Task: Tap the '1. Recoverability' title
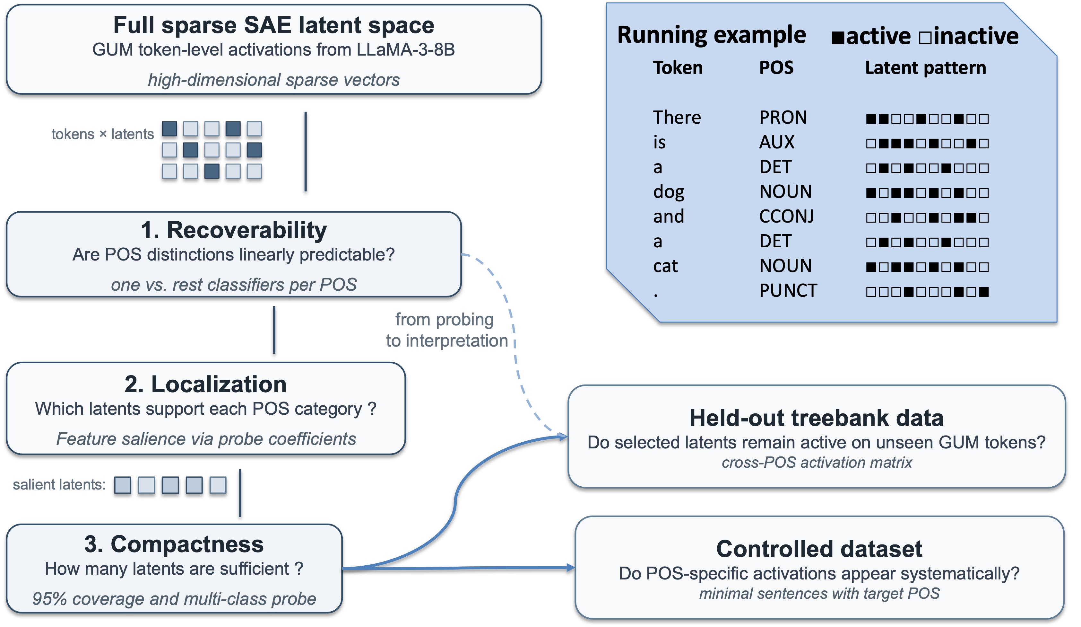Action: pyautogui.click(x=234, y=230)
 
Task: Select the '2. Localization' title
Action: pyautogui.click(x=205, y=384)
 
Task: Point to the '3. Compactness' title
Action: pyautogui.click(x=174, y=544)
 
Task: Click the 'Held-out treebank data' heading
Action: pyautogui.click(x=816, y=418)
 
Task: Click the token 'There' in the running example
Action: pyautogui.click(x=677, y=117)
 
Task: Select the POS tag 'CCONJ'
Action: pyautogui.click(x=786, y=216)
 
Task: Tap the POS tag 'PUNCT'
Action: pyautogui.click(x=788, y=291)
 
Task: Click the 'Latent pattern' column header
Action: pyautogui.click(x=925, y=68)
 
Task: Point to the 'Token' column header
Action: pyautogui.click(x=678, y=68)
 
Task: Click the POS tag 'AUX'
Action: pyautogui.click(x=777, y=142)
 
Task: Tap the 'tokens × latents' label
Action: pyautogui.click(x=102, y=134)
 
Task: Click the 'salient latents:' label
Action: pyautogui.click(x=59, y=484)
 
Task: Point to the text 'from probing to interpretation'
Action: pyautogui.click(x=446, y=330)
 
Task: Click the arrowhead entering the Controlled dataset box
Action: pyautogui.click(x=571, y=568)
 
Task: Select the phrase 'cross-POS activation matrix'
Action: pyautogui.click(x=817, y=463)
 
